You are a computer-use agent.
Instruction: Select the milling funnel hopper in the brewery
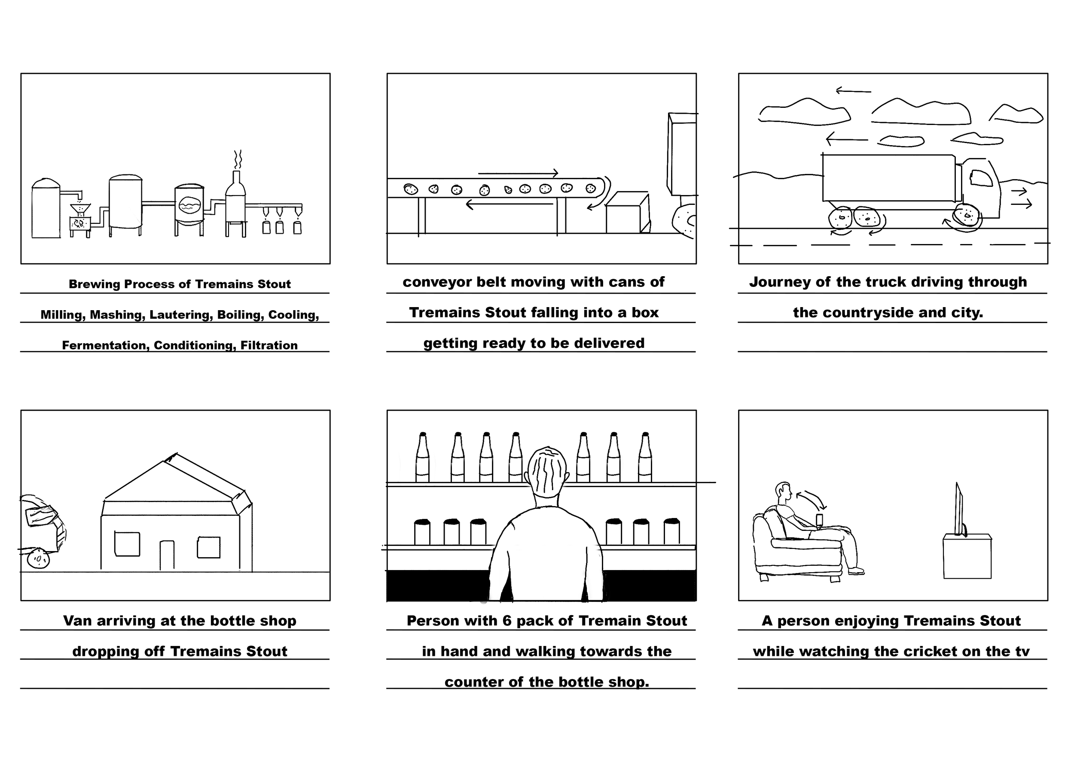click(x=80, y=210)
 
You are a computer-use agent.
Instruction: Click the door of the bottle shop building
click(x=167, y=555)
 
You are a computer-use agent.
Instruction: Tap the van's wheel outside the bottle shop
click(x=38, y=559)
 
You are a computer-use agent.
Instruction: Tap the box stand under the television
click(x=967, y=557)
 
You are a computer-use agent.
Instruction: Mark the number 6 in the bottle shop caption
click(x=507, y=621)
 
